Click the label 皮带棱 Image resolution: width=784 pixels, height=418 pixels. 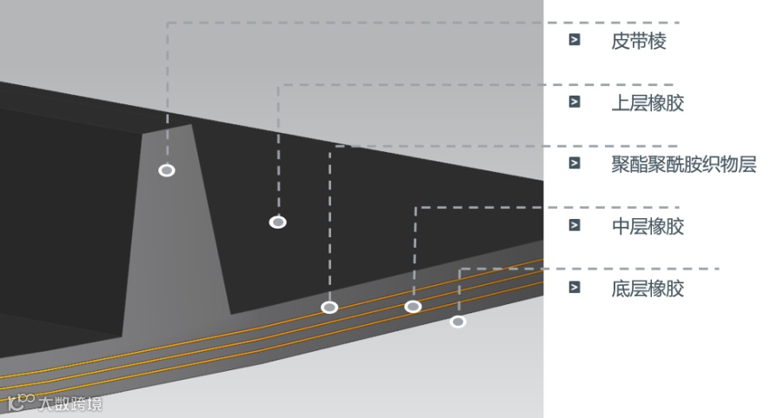tap(639, 41)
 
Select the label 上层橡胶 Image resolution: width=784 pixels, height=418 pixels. tap(648, 103)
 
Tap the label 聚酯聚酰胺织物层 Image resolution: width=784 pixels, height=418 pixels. tap(684, 164)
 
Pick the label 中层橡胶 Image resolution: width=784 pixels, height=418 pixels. tap(648, 226)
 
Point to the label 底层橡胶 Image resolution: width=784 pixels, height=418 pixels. tap(648, 289)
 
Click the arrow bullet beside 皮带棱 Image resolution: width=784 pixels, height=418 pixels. tap(575, 40)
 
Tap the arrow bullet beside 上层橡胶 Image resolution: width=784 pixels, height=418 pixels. tap(575, 102)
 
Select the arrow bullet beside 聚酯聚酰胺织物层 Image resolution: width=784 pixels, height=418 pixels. tap(575, 163)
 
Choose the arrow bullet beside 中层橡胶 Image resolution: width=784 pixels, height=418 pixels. tap(575, 225)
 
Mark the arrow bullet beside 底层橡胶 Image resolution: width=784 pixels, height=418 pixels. tap(575, 288)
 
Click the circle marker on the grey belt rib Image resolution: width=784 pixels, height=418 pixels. tap(167, 170)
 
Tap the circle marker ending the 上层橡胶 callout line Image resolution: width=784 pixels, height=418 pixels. tap(278, 222)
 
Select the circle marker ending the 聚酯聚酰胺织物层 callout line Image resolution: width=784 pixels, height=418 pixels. tap(329, 307)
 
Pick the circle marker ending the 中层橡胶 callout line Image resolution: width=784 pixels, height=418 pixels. tap(413, 306)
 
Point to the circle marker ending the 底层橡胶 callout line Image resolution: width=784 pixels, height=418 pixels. tap(458, 322)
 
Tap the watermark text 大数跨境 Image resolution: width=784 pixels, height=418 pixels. tap(70, 404)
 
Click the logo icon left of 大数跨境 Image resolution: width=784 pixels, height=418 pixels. tap(20, 402)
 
